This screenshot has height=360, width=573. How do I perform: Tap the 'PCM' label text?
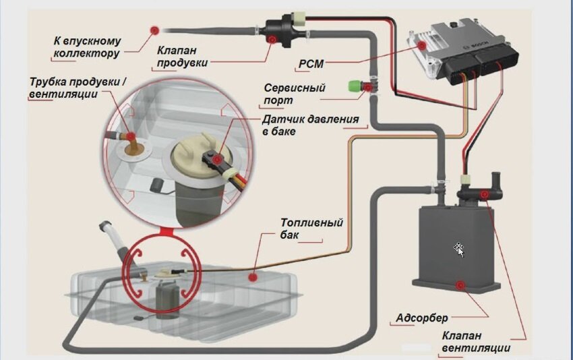coord(311,65)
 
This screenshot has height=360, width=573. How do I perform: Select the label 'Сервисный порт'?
coord(295,94)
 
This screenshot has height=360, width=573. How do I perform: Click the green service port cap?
coord(353,86)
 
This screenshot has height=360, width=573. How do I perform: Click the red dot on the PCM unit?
coord(421,45)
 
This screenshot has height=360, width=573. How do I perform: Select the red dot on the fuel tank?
coord(252,276)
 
